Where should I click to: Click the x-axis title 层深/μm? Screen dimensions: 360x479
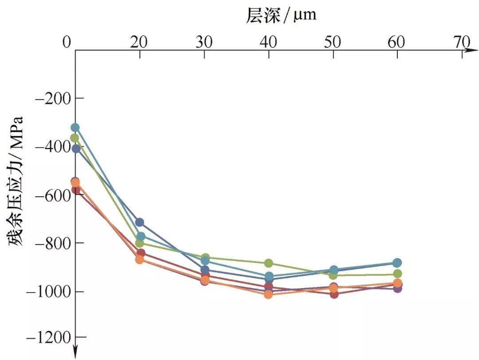[x=281, y=15]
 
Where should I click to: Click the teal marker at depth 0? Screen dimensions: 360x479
[x=75, y=128]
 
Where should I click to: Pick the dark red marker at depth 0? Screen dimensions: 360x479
[x=75, y=190]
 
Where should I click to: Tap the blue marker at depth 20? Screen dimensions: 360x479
[x=140, y=222]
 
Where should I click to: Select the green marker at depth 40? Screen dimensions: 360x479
[x=268, y=264]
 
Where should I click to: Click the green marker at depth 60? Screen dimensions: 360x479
[x=397, y=273]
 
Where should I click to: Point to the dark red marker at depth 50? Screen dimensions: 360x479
[x=333, y=294]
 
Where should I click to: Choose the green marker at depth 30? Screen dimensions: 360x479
[x=204, y=257]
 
